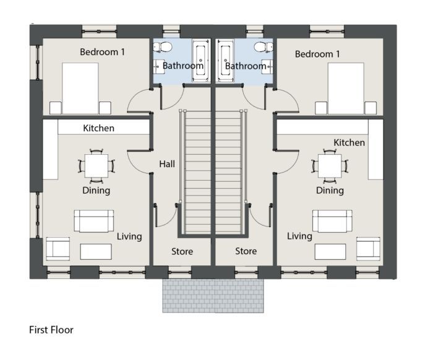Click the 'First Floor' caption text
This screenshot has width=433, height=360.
point(51,330)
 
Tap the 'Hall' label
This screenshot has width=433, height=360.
point(167,164)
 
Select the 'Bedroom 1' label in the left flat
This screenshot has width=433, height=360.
point(102,52)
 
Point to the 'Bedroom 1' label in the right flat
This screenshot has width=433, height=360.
point(317,54)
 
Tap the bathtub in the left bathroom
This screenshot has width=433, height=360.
point(201,61)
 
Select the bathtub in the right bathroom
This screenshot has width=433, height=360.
point(225,61)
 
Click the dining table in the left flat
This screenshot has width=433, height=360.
point(96,166)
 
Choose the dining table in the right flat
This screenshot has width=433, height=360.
point(330,166)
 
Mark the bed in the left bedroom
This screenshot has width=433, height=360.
point(80,88)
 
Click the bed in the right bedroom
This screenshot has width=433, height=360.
point(346,88)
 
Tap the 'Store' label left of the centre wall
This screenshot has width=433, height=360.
point(182,252)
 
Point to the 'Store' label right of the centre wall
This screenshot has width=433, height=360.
point(246,251)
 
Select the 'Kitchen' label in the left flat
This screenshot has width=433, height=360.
point(98,128)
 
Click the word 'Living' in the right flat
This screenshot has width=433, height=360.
point(299,236)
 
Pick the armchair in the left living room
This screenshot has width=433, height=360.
point(58,249)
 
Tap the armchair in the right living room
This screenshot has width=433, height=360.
point(368,249)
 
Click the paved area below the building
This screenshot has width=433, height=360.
point(213,296)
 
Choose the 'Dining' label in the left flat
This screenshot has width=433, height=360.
point(96,191)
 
